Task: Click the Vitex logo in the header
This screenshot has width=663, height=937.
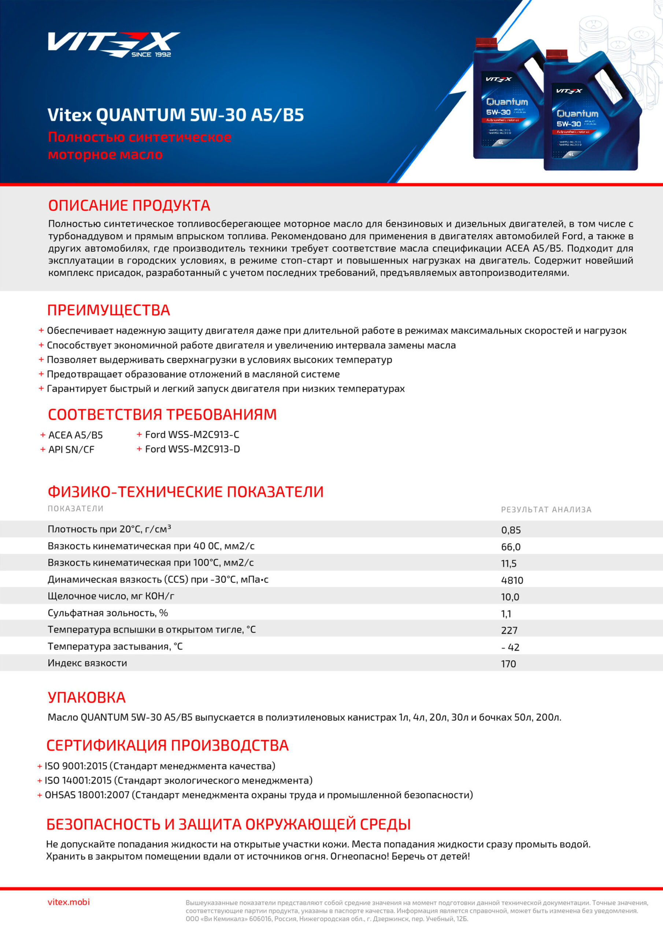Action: pos(114,44)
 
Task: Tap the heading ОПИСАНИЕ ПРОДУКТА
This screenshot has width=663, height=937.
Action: pos(129,205)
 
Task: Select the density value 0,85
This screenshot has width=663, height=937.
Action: pos(511,530)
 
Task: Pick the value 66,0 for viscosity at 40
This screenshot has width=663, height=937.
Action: pos(511,547)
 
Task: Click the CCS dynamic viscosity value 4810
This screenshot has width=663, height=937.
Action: pos(512,580)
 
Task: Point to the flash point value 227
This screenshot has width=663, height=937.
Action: pos(509,630)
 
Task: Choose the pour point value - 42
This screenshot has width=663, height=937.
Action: pos(510,647)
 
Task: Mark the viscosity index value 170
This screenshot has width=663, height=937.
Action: pos(508,664)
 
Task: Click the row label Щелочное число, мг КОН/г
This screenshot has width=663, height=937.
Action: pos(111,596)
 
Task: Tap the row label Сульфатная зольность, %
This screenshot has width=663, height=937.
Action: pos(108,613)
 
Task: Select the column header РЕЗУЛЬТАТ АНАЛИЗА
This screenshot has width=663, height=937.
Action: pos(546,509)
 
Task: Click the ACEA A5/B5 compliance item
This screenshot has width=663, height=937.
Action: pos(75,435)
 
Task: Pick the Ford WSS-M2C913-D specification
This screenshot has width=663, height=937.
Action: pos(192,449)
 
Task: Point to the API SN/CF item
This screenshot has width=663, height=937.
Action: pos(71,449)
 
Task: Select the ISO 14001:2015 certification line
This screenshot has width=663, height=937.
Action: pos(178,780)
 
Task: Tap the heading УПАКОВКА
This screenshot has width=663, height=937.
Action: pos(86,698)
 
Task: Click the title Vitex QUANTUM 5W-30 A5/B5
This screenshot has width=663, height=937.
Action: pos(176,115)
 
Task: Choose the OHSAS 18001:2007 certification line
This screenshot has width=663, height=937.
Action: pos(258,795)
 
